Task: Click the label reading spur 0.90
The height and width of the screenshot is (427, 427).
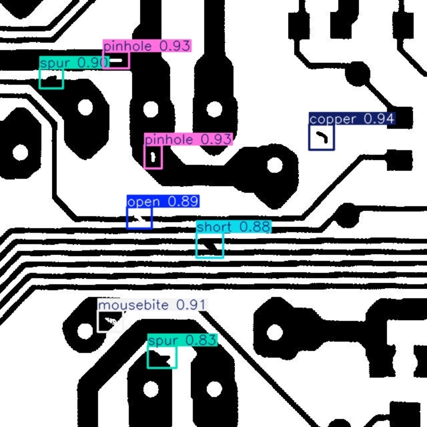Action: point(73,63)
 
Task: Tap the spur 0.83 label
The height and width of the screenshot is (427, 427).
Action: point(182,341)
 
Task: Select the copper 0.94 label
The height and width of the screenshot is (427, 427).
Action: point(352,119)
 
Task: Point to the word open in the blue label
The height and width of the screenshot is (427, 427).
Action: point(143,201)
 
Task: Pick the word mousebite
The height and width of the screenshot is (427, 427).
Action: point(133,305)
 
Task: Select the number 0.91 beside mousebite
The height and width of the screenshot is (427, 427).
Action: point(191,305)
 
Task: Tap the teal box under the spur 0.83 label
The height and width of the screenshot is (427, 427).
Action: point(162,358)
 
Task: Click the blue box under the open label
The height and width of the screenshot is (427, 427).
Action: point(139,218)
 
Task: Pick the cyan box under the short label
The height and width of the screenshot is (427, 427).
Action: point(210,246)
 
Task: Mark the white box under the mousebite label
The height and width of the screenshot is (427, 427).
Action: point(110,321)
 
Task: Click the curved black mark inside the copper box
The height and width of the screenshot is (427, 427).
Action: point(323,137)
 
